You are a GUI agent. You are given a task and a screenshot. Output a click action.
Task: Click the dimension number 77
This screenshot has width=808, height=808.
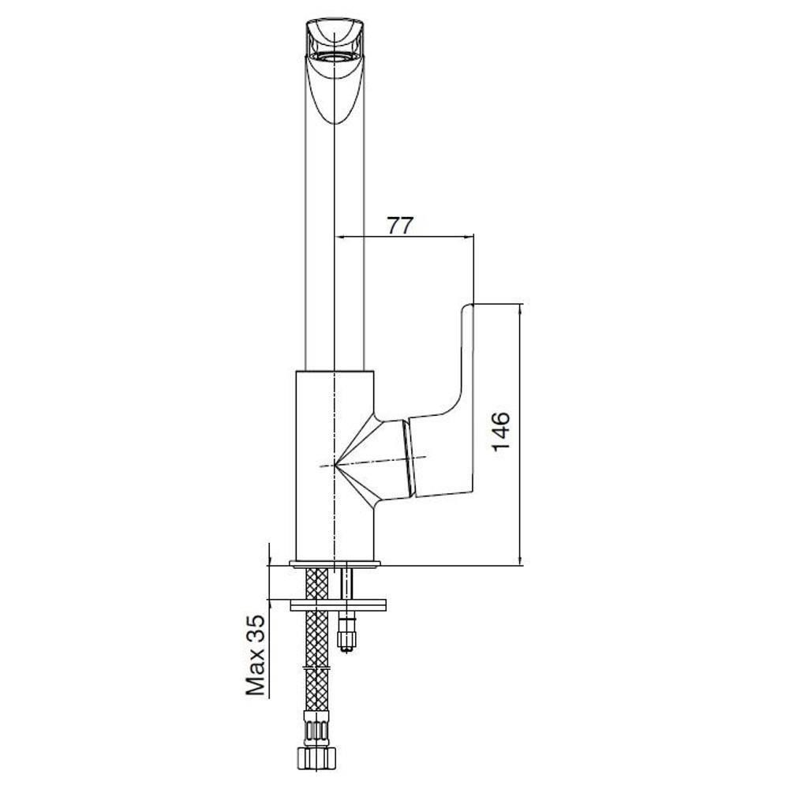(400, 225)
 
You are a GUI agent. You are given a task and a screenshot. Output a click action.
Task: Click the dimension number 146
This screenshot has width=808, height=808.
(501, 432)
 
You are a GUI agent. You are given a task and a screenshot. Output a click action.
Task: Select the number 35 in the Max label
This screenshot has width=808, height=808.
(256, 627)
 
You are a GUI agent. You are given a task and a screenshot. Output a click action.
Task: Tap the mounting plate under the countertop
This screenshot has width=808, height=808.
(338, 605)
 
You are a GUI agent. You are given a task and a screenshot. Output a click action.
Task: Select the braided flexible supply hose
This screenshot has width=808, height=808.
(316, 644)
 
